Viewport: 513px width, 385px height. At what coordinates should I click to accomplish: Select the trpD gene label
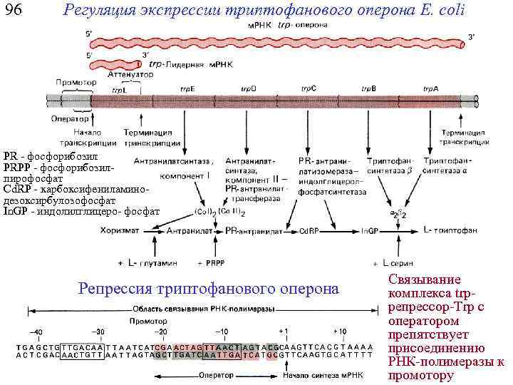point(249,89)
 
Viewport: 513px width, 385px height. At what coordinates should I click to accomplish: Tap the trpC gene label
point(309,89)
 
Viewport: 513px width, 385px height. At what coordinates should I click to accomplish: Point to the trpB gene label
point(368,89)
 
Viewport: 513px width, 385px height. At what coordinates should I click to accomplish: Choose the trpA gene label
point(430,89)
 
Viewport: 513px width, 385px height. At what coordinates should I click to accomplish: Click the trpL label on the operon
point(119,90)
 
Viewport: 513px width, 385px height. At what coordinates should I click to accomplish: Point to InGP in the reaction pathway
point(369,231)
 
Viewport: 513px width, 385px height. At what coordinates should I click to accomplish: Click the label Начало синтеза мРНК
point(313,374)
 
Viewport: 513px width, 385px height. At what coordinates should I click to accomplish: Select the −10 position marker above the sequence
point(222,332)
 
